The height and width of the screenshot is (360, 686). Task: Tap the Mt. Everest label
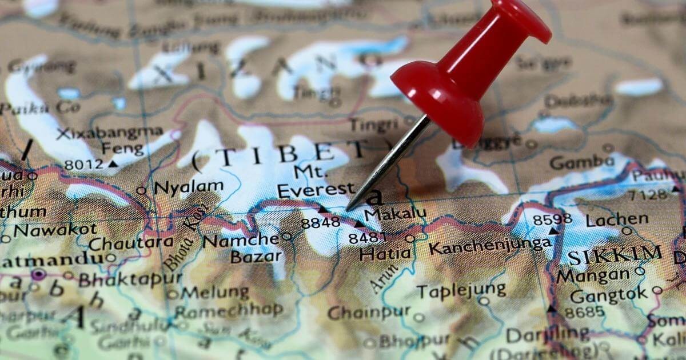(x=315, y=180)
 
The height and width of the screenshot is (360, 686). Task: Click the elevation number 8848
(x=320, y=223)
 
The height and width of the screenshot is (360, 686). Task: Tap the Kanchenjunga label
(x=489, y=247)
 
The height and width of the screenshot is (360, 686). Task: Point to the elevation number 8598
(x=552, y=219)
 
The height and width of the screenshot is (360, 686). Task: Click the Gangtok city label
(x=609, y=295)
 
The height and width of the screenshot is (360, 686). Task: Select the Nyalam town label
(x=189, y=187)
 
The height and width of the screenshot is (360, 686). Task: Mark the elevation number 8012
(x=83, y=165)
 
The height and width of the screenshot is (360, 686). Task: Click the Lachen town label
(x=617, y=219)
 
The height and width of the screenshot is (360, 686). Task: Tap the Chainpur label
(x=369, y=313)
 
